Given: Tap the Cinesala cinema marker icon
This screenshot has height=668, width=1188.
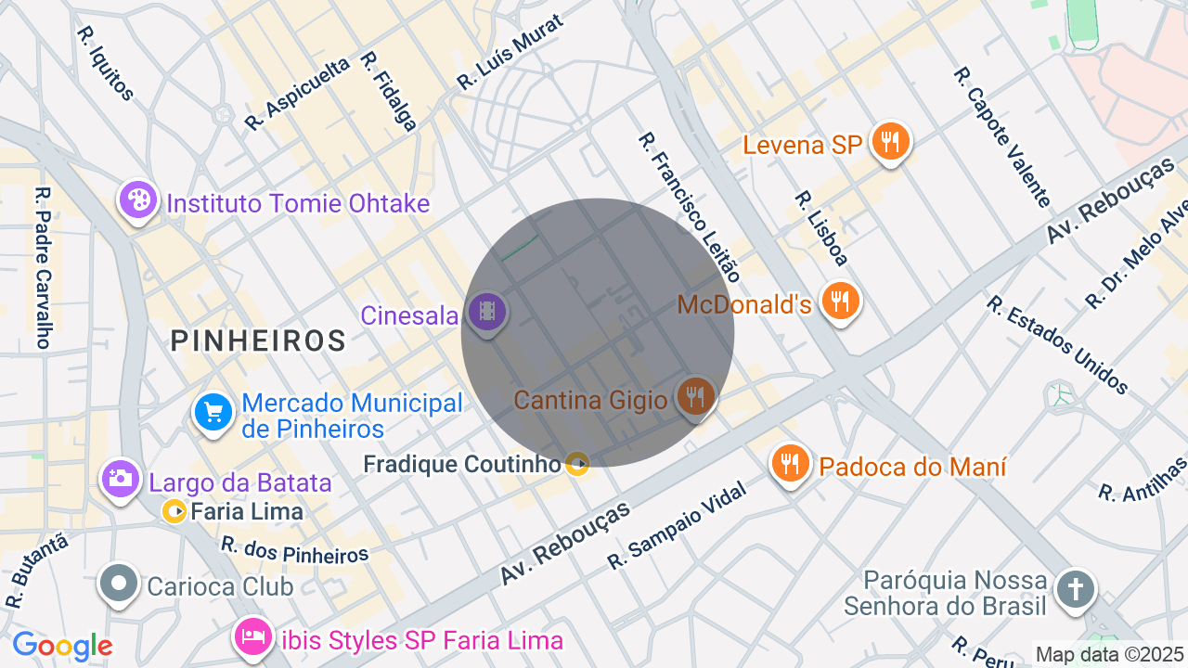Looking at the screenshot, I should [486, 312].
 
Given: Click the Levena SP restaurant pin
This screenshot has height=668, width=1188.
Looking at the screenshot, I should [891, 142].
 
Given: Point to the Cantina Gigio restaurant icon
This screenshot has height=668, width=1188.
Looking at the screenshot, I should [694, 396].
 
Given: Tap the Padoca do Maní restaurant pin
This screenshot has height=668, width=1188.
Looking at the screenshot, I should [790, 463].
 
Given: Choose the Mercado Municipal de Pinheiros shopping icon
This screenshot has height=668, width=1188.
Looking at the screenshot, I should [213, 412].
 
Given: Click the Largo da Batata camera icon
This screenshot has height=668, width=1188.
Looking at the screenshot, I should [120, 479].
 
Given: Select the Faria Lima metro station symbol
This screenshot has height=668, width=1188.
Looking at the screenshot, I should [174, 511].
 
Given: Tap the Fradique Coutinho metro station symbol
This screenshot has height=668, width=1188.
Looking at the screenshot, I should [577, 464].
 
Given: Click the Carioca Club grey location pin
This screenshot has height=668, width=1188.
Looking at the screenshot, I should [120, 584].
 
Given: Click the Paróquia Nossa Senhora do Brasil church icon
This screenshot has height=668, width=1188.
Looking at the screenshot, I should [1075, 589].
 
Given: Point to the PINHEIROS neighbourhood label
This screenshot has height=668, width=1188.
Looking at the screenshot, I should [258, 341].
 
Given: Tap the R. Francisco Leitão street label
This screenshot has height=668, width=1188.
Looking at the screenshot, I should [690, 207].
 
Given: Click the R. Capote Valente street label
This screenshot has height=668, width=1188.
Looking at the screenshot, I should [1002, 136].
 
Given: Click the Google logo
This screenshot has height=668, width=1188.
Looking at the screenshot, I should [62, 646].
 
